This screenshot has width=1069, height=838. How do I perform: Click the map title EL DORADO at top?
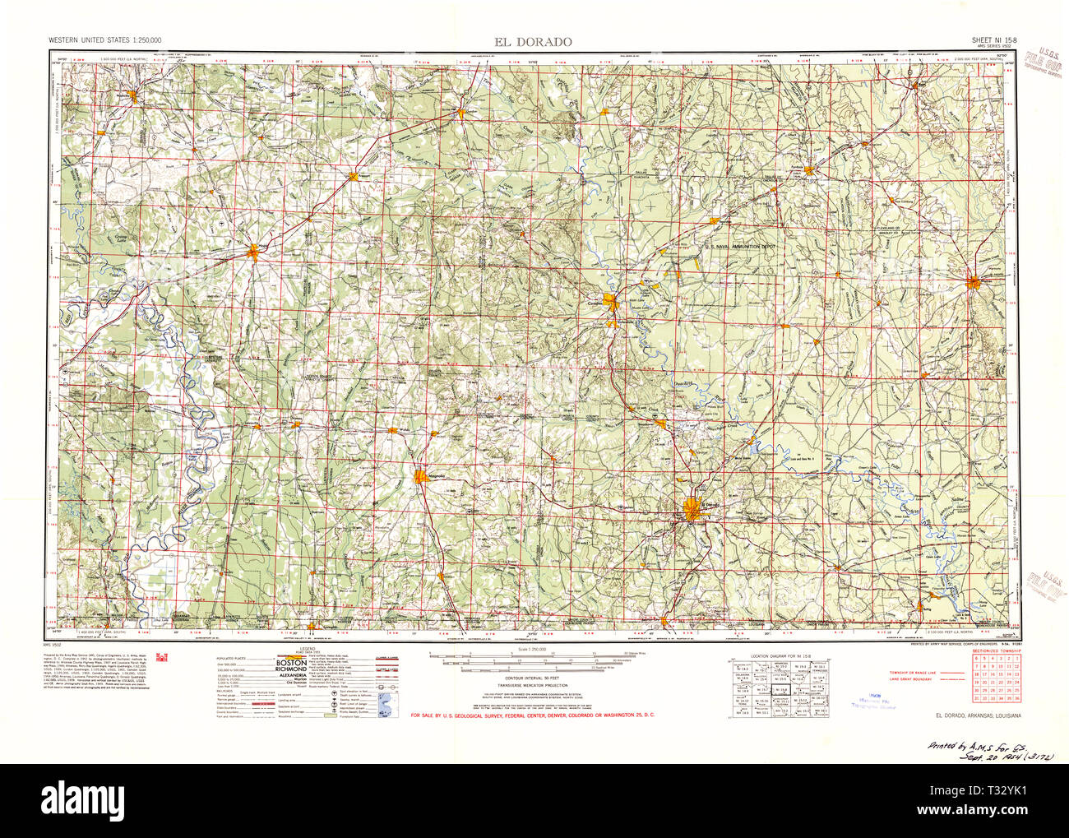[x=533, y=42]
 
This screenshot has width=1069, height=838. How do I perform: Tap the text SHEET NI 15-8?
[x=992, y=39]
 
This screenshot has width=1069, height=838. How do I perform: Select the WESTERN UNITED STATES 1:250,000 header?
[x=104, y=39]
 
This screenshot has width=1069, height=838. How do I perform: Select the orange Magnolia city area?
[x=422, y=476]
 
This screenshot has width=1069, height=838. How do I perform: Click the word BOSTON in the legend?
[x=290, y=662]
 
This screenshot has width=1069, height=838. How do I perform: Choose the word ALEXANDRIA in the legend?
[x=291, y=676]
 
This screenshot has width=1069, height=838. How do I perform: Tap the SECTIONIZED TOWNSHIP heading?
[x=997, y=650]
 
